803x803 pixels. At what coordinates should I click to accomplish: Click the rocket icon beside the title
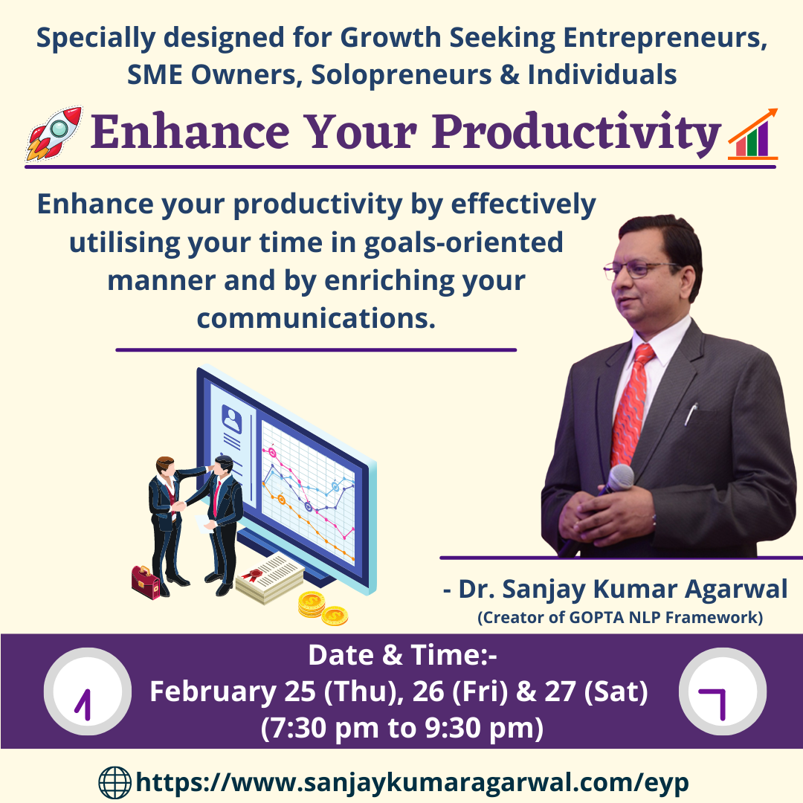click(x=54, y=133)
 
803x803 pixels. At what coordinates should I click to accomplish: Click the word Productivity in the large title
click(x=577, y=132)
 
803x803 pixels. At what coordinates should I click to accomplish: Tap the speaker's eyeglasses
click(x=640, y=269)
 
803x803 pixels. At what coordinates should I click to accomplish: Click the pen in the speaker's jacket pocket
click(x=691, y=414)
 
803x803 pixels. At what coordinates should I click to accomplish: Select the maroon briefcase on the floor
click(x=146, y=582)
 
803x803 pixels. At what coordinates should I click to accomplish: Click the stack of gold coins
click(x=323, y=608)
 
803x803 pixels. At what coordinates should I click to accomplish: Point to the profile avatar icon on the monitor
click(x=232, y=419)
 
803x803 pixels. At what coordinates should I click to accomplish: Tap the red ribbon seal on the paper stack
click(x=253, y=575)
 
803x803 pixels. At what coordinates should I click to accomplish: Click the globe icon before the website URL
click(x=115, y=782)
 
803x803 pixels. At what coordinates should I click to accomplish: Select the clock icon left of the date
click(x=88, y=691)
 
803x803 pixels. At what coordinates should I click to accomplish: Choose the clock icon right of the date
click(x=723, y=691)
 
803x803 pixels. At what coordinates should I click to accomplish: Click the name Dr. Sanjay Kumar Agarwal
click(x=623, y=589)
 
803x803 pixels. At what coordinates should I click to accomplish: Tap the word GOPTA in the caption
click(x=596, y=618)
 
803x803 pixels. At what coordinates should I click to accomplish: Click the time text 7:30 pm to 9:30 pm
click(x=402, y=728)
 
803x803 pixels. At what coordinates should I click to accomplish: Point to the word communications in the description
click(x=316, y=318)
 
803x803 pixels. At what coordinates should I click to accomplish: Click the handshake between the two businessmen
click(x=178, y=506)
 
